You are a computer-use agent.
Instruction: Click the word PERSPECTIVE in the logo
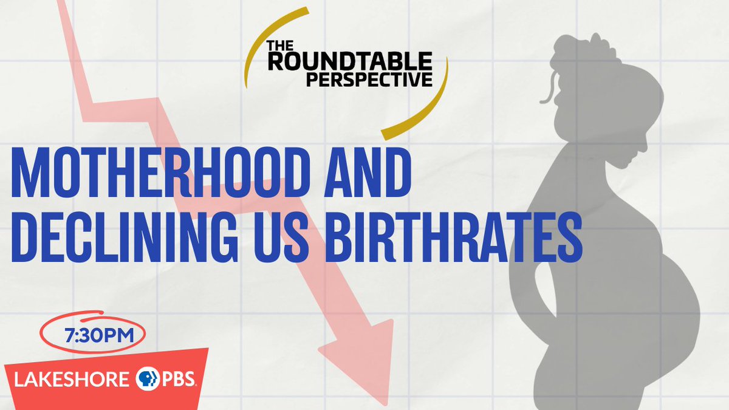(x=369, y=79)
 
